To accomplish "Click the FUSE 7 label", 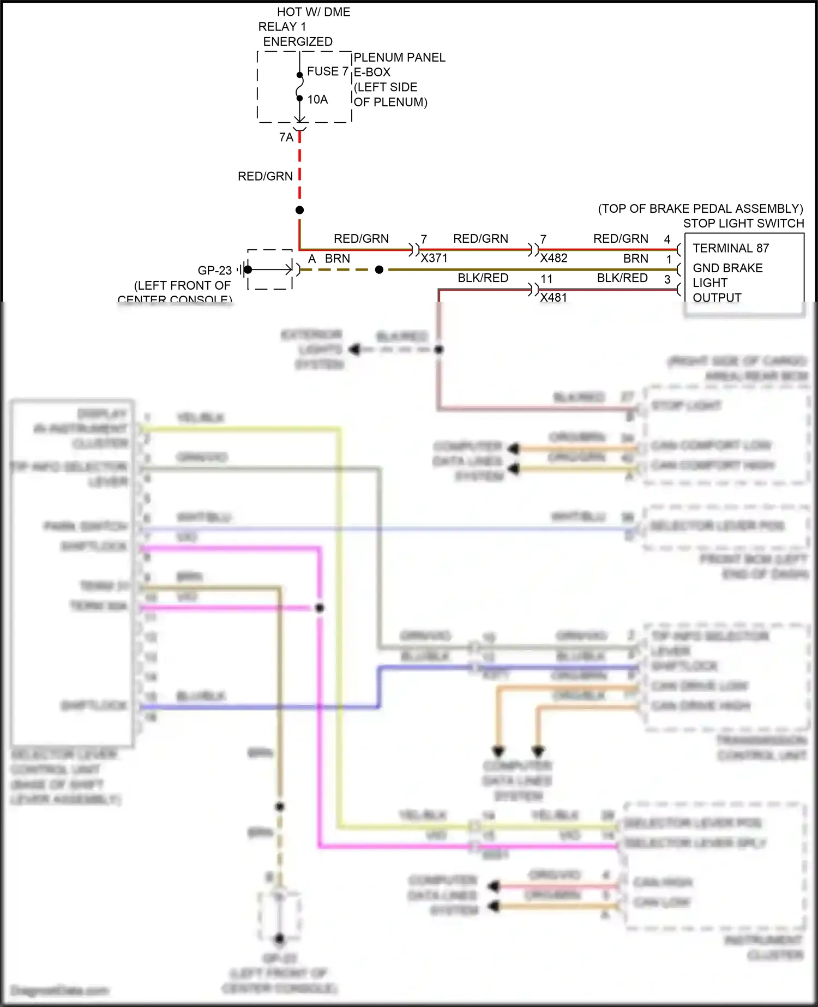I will (x=327, y=71).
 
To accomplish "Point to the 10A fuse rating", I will (x=317, y=99).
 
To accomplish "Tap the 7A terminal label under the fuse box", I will (x=286, y=137).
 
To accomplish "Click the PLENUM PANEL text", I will (x=399, y=57).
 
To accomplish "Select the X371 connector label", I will (x=434, y=258).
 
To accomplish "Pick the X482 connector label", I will (x=554, y=258).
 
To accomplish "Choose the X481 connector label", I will (x=554, y=297).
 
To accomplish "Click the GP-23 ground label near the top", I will (x=214, y=271).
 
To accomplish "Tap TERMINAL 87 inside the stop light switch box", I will (x=730, y=248).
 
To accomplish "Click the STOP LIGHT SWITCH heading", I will (x=743, y=223).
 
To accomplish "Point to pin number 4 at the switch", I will (x=667, y=239).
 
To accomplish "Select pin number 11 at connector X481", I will (x=546, y=279).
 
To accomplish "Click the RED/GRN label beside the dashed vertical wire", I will (x=265, y=176).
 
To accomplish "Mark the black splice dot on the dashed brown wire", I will (x=379, y=269).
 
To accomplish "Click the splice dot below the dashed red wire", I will (x=299, y=210).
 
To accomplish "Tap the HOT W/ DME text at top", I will (x=313, y=12).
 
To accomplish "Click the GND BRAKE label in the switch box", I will (x=727, y=268).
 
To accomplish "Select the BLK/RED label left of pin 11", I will (x=483, y=278).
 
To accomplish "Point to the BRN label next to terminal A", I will (x=337, y=259).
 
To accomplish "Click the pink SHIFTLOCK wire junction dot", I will (x=320, y=608).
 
